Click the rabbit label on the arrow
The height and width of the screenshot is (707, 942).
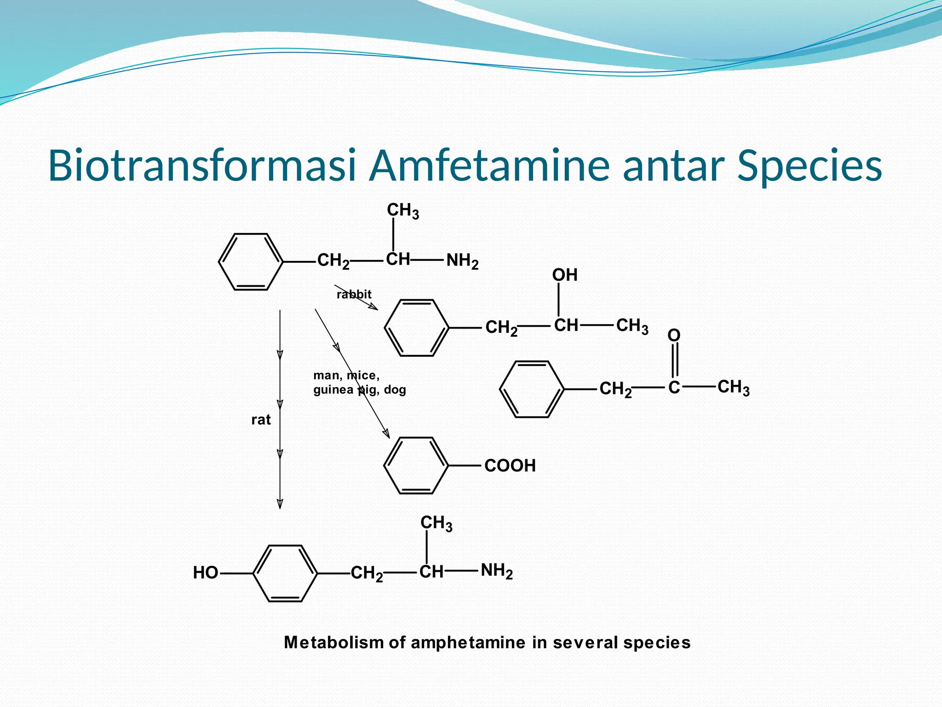pos(354,295)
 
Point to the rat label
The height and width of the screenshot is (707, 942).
pos(261,420)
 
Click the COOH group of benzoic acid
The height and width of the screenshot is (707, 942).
pos(510,466)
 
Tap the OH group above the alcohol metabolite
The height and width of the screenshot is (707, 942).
pos(564,275)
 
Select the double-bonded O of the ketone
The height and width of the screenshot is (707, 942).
pos(674,335)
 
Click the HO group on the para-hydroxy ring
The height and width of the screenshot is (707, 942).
pos(205,573)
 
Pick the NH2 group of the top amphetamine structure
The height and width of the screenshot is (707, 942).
pos(462,261)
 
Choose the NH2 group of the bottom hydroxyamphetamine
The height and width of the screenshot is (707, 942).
pos(497,571)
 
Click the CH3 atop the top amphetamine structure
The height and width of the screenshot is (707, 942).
pos(403,211)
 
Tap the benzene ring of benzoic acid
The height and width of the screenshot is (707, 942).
pos(416,465)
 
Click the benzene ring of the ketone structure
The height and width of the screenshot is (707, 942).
pos(532,389)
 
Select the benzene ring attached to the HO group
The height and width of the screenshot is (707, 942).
pos(285,574)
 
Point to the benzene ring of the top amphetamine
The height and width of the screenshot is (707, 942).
pos(251,262)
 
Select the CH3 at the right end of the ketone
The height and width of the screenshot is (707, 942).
pos(734,388)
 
